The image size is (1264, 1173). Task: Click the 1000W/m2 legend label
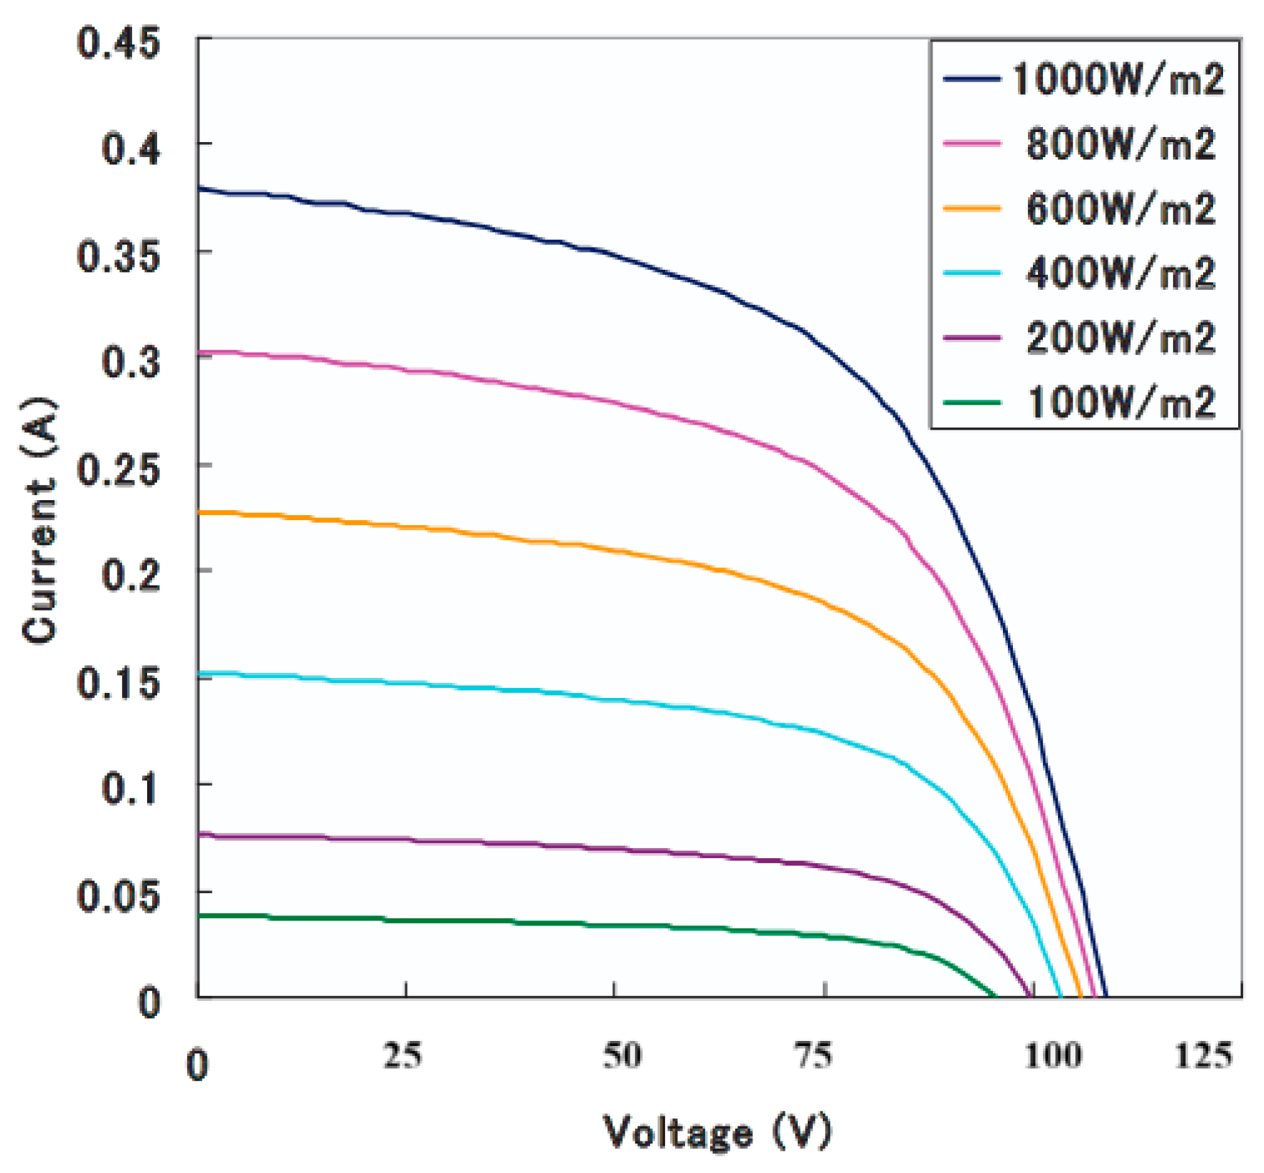pos(1118,79)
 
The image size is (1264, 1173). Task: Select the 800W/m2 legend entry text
pos(1121,144)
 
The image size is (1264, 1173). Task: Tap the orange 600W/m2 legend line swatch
pos(971,209)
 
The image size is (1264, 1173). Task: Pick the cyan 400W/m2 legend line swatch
pos(971,273)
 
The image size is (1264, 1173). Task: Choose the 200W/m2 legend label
pos(1121,337)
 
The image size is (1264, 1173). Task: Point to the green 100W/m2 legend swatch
pos(971,402)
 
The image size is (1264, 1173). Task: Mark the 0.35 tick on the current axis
pos(118,256)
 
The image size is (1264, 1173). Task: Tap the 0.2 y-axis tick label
pos(131,575)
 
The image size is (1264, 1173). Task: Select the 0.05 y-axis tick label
pos(118,896)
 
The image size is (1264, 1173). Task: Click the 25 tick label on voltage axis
pos(402,1055)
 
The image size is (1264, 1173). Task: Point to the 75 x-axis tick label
pos(815,1055)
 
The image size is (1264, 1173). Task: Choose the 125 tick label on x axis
pos(1203,1055)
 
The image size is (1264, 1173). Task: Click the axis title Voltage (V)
pos(717,1133)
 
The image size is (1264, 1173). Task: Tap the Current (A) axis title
pos(39,520)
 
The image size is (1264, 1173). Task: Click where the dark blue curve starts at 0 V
pos(199,189)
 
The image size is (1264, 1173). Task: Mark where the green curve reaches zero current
pos(996,996)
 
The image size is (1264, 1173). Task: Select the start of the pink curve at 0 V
pos(199,352)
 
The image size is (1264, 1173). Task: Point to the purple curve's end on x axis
pos(1032,996)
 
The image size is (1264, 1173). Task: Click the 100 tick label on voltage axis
pos(1052,1055)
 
